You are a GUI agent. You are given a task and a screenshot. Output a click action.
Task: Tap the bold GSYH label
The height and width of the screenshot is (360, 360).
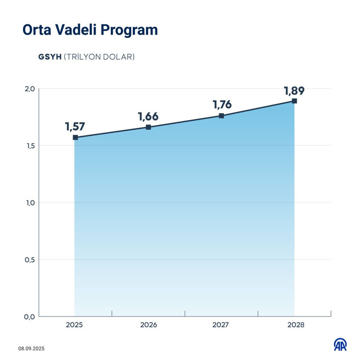[x=50, y=57]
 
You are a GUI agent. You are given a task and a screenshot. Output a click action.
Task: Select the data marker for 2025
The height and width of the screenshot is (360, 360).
[x=75, y=137]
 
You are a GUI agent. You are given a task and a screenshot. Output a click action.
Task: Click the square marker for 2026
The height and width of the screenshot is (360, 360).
[x=148, y=127]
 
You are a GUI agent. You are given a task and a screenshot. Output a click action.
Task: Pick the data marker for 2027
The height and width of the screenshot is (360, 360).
[x=221, y=115]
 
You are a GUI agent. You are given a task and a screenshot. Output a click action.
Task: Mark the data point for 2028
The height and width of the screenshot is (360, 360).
[x=294, y=101]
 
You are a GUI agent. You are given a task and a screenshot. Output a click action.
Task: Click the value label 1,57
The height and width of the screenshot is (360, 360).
[x=75, y=127]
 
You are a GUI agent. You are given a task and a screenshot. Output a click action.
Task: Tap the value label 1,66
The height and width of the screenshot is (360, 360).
[x=148, y=117]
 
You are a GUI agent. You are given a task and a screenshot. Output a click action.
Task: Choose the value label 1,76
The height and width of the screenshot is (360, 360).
[x=222, y=105]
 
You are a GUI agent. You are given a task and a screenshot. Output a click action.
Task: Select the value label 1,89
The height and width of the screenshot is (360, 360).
[x=294, y=91]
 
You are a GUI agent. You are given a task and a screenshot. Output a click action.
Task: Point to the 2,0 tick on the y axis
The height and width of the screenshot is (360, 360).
[x=29, y=89]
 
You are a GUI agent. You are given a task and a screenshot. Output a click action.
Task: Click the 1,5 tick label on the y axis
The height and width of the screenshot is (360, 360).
[x=29, y=146]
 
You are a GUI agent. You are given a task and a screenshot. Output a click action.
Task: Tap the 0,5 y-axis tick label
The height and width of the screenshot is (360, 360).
[x=29, y=259]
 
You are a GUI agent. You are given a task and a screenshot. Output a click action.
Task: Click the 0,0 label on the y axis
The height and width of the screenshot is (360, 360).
[x=29, y=317]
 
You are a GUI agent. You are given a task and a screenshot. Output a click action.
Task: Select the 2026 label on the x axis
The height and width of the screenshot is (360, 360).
[x=148, y=326]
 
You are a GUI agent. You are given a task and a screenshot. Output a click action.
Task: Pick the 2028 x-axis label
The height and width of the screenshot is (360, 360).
[x=294, y=326]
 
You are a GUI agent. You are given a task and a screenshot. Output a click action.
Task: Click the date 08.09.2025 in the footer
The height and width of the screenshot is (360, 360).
[x=32, y=349]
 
